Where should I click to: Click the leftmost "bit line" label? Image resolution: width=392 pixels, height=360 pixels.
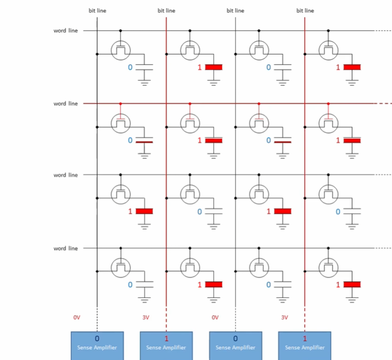(97, 10)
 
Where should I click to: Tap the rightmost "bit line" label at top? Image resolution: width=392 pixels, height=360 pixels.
(305, 10)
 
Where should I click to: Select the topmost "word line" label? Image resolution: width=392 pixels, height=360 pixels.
(65, 31)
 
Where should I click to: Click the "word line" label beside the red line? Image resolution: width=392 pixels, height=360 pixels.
(65, 104)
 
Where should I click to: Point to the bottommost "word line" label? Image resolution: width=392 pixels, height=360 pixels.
(65, 249)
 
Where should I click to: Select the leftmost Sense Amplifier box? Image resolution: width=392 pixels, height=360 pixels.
(97, 345)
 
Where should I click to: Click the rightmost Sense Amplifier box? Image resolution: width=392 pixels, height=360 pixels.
(304, 345)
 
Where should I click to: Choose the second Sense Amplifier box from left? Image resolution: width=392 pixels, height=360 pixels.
(166, 345)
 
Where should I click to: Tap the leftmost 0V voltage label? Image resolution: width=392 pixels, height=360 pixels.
(77, 317)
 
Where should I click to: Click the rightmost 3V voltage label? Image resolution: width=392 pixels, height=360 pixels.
(284, 317)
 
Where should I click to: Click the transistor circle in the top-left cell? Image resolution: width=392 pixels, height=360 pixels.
(120, 50)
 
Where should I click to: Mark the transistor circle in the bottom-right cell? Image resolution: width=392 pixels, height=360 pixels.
(328, 267)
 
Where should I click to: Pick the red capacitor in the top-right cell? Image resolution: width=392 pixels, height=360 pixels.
(353, 67)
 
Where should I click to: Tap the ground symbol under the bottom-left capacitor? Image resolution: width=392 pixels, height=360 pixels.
(144, 298)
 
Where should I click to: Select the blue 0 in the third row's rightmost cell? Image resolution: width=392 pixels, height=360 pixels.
(337, 212)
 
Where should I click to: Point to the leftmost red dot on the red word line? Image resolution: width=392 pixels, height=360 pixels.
(120, 103)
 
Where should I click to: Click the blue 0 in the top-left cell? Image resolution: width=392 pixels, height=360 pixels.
(130, 68)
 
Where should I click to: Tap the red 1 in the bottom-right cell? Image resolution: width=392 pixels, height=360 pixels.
(338, 285)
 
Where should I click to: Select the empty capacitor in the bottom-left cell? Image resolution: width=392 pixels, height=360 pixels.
(144, 285)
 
